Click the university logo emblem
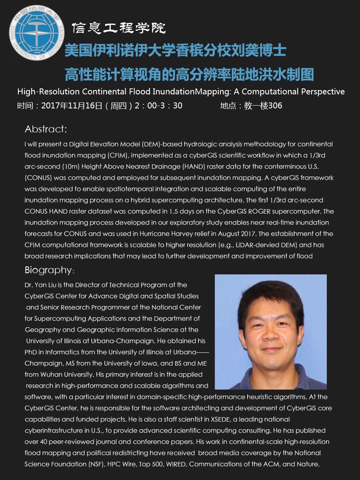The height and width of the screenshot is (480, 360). coord(36,33)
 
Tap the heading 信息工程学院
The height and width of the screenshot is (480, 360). coord(118,28)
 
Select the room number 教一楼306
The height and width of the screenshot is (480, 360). coord(263,106)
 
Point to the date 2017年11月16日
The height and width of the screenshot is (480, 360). coord(72,106)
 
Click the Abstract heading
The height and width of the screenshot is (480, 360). coord(46,129)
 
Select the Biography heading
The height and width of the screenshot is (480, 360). coord(48,270)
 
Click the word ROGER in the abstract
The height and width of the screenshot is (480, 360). coord(260,211)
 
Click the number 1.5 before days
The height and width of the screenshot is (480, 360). coord(163,211)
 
